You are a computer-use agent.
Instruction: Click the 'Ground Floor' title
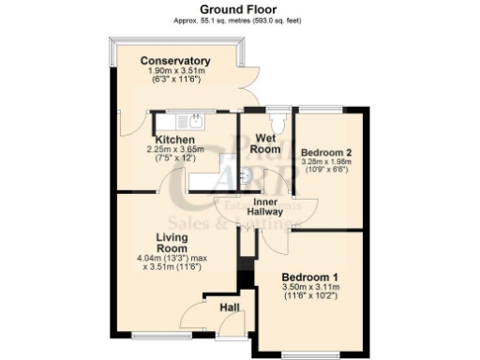[239, 8]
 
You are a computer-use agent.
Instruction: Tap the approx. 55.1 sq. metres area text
[239, 20]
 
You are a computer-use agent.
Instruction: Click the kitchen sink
[194, 120]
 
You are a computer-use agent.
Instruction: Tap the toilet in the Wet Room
[278, 122]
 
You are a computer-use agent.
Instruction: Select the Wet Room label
[267, 144]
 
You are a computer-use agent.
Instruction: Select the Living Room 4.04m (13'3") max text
[174, 258]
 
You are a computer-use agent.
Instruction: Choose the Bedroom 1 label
[309, 278]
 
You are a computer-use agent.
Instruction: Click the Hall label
[230, 307]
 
